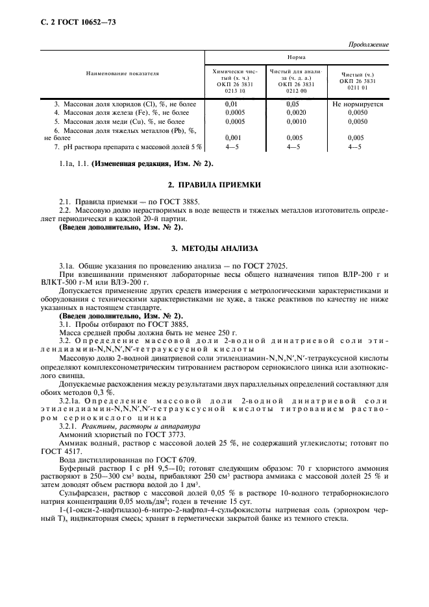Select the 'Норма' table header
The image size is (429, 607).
pos(297,57)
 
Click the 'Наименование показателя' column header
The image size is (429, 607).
pos(122,74)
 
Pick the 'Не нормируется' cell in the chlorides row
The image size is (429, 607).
pos(357,104)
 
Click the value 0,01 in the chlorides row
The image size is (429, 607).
pos(232,104)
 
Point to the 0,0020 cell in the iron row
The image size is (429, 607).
pos(296,112)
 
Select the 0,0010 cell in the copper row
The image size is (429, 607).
pos(296,121)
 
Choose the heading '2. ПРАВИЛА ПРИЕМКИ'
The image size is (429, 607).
pos(214,185)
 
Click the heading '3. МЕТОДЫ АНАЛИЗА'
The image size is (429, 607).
pos(214,248)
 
